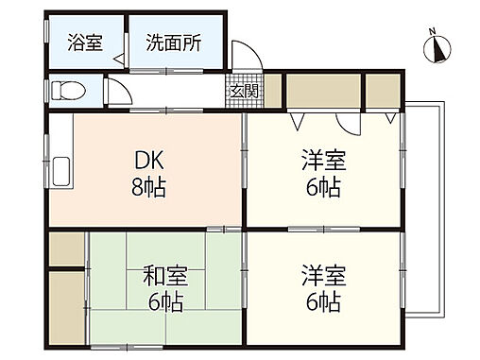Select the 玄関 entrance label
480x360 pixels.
(240, 92)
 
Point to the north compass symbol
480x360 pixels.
(437, 47)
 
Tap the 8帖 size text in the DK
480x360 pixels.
(148, 186)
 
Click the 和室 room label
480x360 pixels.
(166, 276)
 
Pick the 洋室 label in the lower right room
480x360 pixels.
(324, 276)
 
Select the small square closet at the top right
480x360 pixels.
(383, 92)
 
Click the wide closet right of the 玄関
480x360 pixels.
(322, 92)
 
